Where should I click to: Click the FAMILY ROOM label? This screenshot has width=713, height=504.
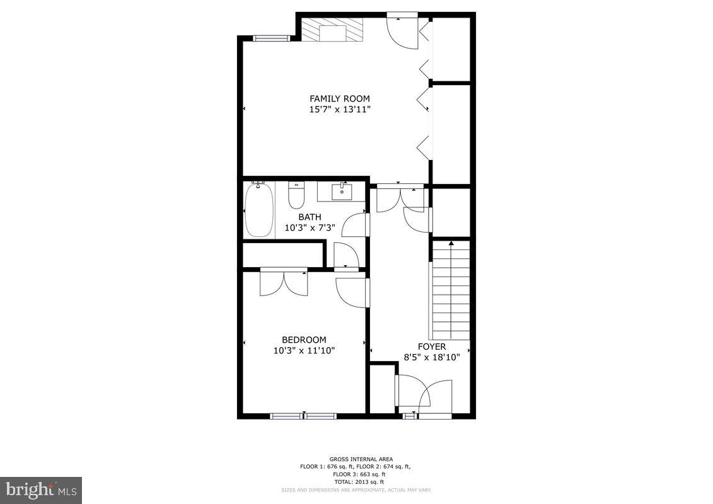(339, 98)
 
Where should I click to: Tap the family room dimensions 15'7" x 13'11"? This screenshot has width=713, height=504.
(339, 109)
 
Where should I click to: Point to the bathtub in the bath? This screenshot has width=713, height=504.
(258, 209)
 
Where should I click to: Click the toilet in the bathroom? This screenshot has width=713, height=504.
(296, 195)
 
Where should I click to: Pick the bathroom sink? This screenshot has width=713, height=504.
(342, 191)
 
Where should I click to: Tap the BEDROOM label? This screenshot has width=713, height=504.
(304, 340)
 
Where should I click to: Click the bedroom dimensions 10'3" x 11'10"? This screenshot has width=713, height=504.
(304, 350)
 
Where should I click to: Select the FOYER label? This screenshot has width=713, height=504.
(432, 346)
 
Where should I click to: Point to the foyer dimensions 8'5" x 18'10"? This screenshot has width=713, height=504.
(432, 357)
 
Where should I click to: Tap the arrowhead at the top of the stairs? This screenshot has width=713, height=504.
(451, 243)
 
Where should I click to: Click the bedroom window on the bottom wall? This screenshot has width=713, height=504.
(303, 416)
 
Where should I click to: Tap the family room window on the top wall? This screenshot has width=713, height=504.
(271, 38)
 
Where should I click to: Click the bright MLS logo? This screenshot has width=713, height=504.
(41, 490)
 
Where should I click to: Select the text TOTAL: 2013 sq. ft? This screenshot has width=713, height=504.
(356, 482)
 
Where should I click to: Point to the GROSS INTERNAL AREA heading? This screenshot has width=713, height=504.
(356, 459)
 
